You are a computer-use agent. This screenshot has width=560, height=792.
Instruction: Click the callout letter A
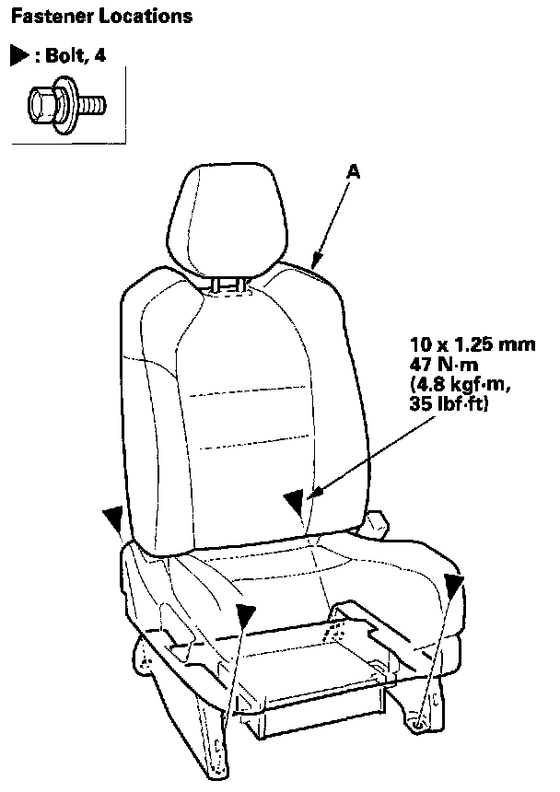tap(352, 170)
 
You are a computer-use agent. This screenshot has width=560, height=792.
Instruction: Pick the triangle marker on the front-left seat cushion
tap(244, 614)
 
